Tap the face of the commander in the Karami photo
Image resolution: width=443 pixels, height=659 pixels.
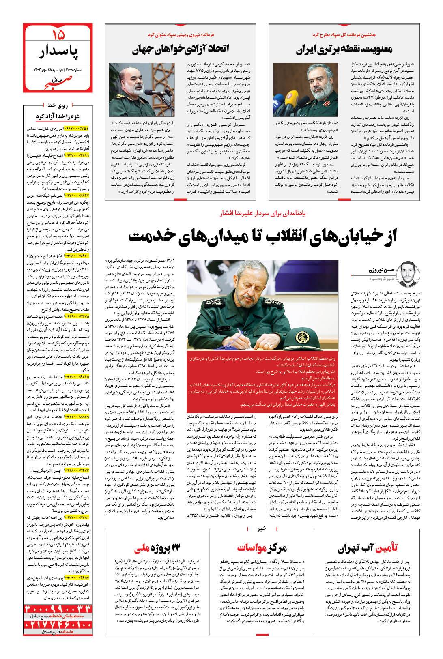pyautogui.click(x=133, y=77)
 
